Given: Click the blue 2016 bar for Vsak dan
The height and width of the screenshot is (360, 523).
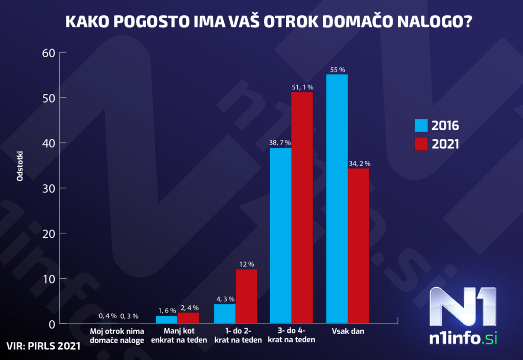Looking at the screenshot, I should point(337,199).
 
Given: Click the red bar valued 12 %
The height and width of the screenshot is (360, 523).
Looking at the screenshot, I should point(246,296).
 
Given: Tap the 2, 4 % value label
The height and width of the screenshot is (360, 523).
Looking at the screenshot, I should point(188,308).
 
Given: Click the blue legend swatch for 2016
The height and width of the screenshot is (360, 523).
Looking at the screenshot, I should point(421,125).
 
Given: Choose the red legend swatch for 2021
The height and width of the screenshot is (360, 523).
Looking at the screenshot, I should point(421,144).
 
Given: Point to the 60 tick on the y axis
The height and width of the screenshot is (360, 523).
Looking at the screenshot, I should point(48,53).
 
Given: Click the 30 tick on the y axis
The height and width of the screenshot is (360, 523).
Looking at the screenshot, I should point(48,188).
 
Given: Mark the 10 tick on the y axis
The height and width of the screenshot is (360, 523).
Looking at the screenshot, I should point(48,279).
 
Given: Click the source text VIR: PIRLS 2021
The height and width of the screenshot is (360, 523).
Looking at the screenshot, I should point(43,346).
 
